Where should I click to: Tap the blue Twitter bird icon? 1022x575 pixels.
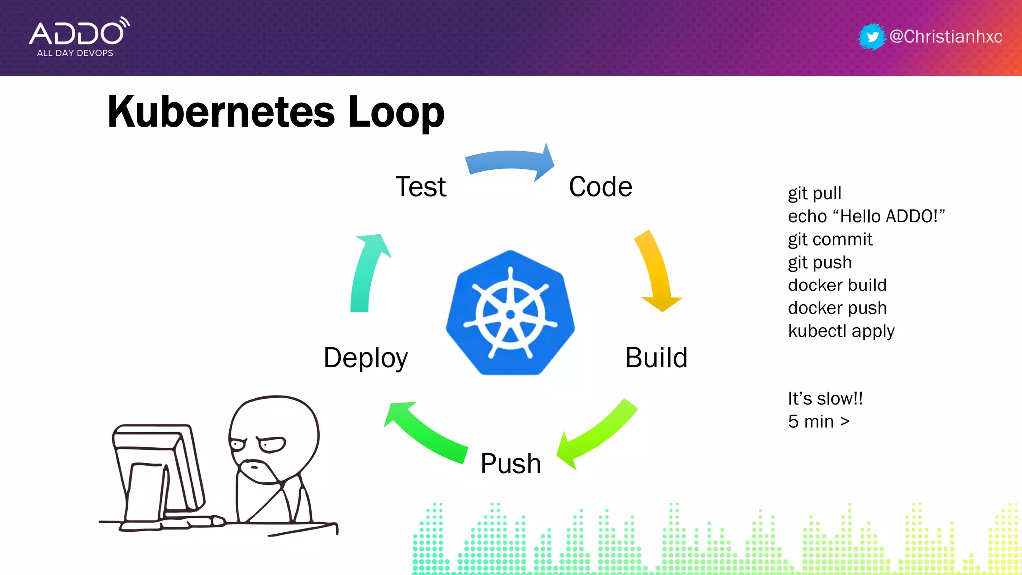pyautogui.click(x=872, y=37)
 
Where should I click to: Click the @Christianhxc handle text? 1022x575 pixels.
pyautogui.click(x=946, y=37)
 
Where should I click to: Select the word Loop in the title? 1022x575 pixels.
pyautogui.click(x=396, y=112)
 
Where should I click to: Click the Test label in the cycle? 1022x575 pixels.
pyautogui.click(x=421, y=187)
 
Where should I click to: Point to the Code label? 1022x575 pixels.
pyautogui.click(x=600, y=187)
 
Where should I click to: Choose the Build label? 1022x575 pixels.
pyautogui.click(x=656, y=358)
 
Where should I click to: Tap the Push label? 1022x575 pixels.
pyautogui.click(x=511, y=463)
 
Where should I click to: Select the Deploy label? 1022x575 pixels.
pyautogui.click(x=366, y=358)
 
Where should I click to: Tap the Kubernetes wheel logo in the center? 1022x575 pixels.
pyautogui.click(x=510, y=313)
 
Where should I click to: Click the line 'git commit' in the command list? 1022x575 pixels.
pyautogui.click(x=830, y=239)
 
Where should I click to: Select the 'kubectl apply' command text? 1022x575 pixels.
pyautogui.click(x=841, y=331)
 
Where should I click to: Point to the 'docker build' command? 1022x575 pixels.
pyautogui.click(x=837, y=285)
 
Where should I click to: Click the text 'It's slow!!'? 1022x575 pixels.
pyautogui.click(x=825, y=398)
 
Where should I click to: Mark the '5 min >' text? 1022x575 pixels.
pyautogui.click(x=819, y=421)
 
